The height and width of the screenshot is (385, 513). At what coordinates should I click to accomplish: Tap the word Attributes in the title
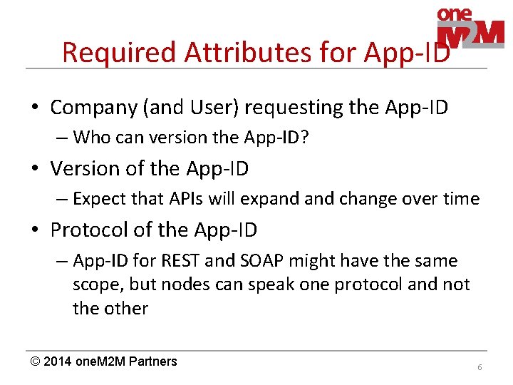coord(218,52)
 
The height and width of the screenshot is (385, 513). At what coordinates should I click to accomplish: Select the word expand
coord(272,199)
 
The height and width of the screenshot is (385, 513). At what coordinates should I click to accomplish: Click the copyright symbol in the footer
coord(35,361)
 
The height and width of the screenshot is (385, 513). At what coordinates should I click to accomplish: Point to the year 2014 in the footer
coord(58,361)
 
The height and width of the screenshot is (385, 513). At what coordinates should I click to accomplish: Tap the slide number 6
coord(480,366)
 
